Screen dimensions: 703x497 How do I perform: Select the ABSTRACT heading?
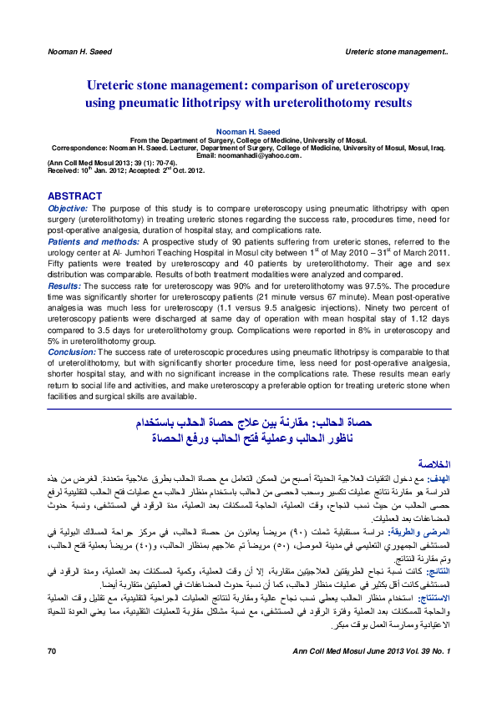tap(76, 195)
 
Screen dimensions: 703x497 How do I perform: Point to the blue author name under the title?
tap(248, 131)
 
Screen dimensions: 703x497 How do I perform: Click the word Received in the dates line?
tap(65, 170)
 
